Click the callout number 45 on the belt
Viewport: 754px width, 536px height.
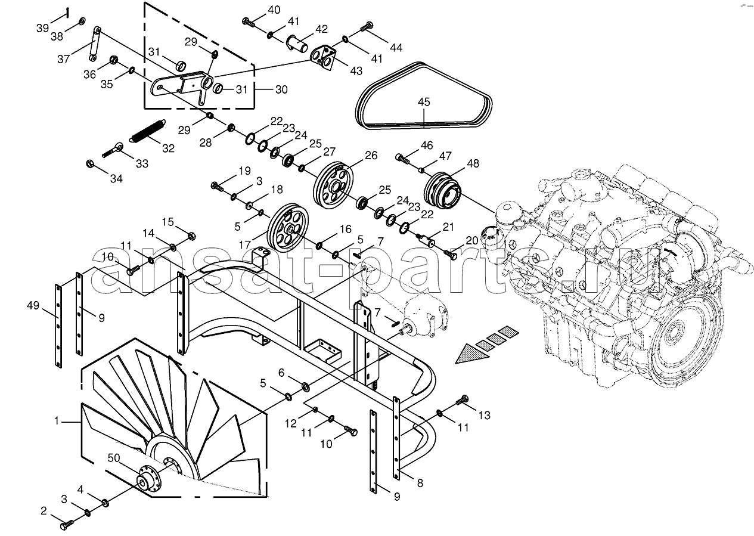click(x=423, y=102)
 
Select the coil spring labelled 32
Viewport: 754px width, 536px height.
click(x=147, y=132)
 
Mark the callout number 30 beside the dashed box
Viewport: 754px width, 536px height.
click(x=281, y=89)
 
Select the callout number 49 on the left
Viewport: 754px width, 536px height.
click(x=33, y=306)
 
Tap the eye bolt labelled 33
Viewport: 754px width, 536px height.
click(x=113, y=150)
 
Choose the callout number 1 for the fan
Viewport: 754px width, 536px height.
click(x=57, y=421)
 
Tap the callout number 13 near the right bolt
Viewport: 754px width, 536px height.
click(x=484, y=415)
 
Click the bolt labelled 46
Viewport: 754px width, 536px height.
click(x=404, y=159)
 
